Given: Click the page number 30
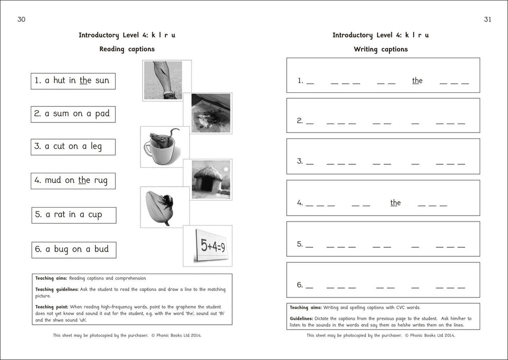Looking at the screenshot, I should pyautogui.click(x=21, y=19).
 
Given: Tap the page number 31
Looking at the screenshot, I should pyautogui.click(x=487, y=19).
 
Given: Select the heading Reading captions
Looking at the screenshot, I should pyautogui.click(x=127, y=49).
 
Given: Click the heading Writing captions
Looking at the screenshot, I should pyautogui.click(x=381, y=49).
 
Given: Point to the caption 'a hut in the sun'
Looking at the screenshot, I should pyautogui.click(x=73, y=80).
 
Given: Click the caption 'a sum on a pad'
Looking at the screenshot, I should pyautogui.click(x=73, y=114).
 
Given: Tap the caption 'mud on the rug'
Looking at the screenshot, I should pyautogui.click(x=72, y=181).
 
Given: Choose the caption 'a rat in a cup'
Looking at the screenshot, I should pyautogui.click(x=73, y=215).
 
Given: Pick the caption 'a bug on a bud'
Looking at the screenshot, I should pyautogui.click(x=73, y=249).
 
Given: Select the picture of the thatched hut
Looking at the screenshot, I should pyautogui.click(x=211, y=179).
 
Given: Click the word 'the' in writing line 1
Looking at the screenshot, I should pyautogui.click(x=417, y=80).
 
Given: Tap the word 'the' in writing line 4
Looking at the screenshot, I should pyautogui.click(x=395, y=203).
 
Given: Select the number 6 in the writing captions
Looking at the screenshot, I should pyautogui.click(x=300, y=285).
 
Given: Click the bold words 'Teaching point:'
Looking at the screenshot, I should pyautogui.click(x=52, y=307).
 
